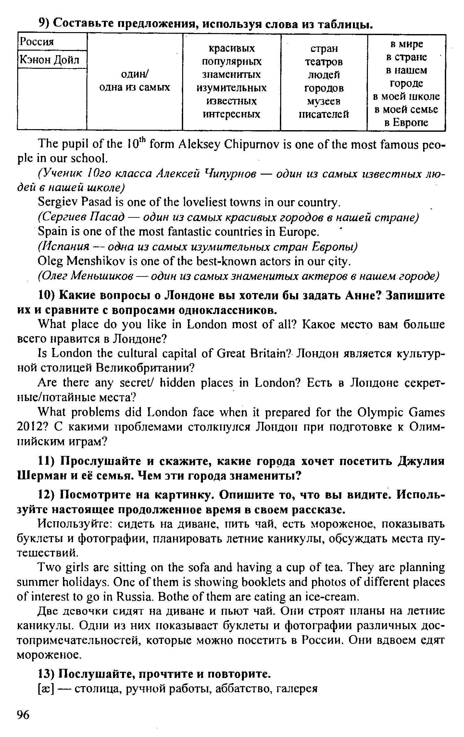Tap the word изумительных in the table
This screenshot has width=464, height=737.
coord(232,88)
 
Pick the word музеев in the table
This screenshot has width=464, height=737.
coord(324,101)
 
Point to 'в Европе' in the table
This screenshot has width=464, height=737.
coord(406,123)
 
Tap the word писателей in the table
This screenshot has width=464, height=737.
coord(324,114)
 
